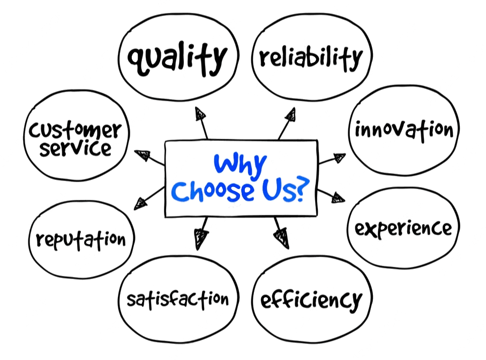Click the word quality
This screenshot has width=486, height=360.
click(x=177, y=58)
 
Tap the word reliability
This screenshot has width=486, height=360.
click(x=311, y=58)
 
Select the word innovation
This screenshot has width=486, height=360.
click(x=404, y=130)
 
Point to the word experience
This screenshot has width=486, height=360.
click(x=403, y=229)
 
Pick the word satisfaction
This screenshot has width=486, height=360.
click(x=177, y=299)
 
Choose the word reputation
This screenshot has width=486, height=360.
click(x=81, y=240)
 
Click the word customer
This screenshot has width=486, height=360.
click(x=75, y=130)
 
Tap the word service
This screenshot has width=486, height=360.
click(x=76, y=148)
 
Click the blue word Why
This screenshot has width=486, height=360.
click(x=240, y=165)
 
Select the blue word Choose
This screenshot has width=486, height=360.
click(x=213, y=191)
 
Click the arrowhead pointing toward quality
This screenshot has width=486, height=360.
click(x=200, y=114)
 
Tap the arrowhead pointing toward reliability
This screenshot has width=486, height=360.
click(x=291, y=115)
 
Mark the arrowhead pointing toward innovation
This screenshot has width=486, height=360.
click(x=339, y=157)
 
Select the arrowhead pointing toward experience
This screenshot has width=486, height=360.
click(x=338, y=198)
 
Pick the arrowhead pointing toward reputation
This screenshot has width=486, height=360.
click(x=140, y=204)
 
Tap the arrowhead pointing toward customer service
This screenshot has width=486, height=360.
click(x=143, y=155)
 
